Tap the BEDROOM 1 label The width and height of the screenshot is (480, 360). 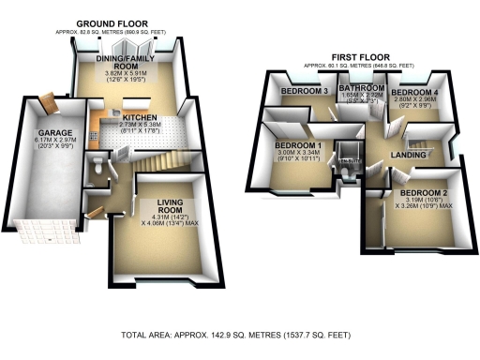(299, 145)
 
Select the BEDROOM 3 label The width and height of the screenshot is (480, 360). (304, 91)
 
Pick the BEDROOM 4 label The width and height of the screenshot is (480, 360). (413, 93)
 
